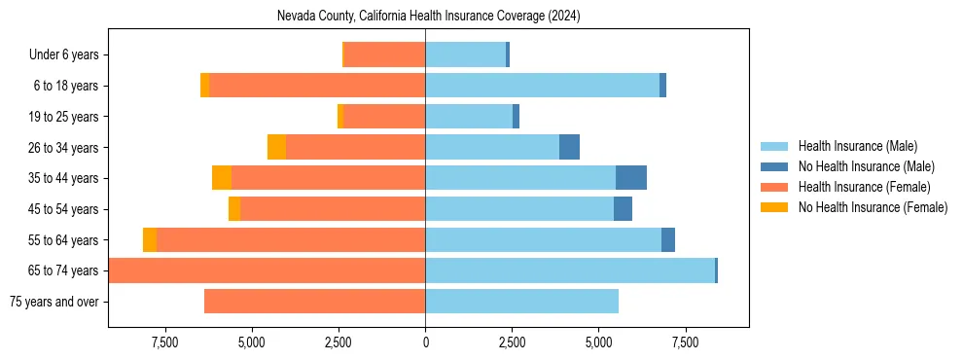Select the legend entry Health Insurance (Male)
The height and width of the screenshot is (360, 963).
click(857, 146)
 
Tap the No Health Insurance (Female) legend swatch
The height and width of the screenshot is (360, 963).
click(775, 207)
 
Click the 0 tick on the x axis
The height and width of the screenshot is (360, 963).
click(425, 342)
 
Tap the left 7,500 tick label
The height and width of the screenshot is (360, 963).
click(164, 342)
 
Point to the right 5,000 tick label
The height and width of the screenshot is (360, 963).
click(598, 342)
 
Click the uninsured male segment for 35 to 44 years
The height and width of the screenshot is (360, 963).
click(631, 178)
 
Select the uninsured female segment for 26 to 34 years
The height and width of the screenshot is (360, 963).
click(276, 147)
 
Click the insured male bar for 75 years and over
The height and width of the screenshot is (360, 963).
click(521, 302)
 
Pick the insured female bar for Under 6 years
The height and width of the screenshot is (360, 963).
click(385, 55)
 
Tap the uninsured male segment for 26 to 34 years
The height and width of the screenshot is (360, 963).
click(569, 147)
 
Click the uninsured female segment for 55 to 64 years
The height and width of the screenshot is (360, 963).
click(150, 239)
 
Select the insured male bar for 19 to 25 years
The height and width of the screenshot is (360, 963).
click(469, 117)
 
